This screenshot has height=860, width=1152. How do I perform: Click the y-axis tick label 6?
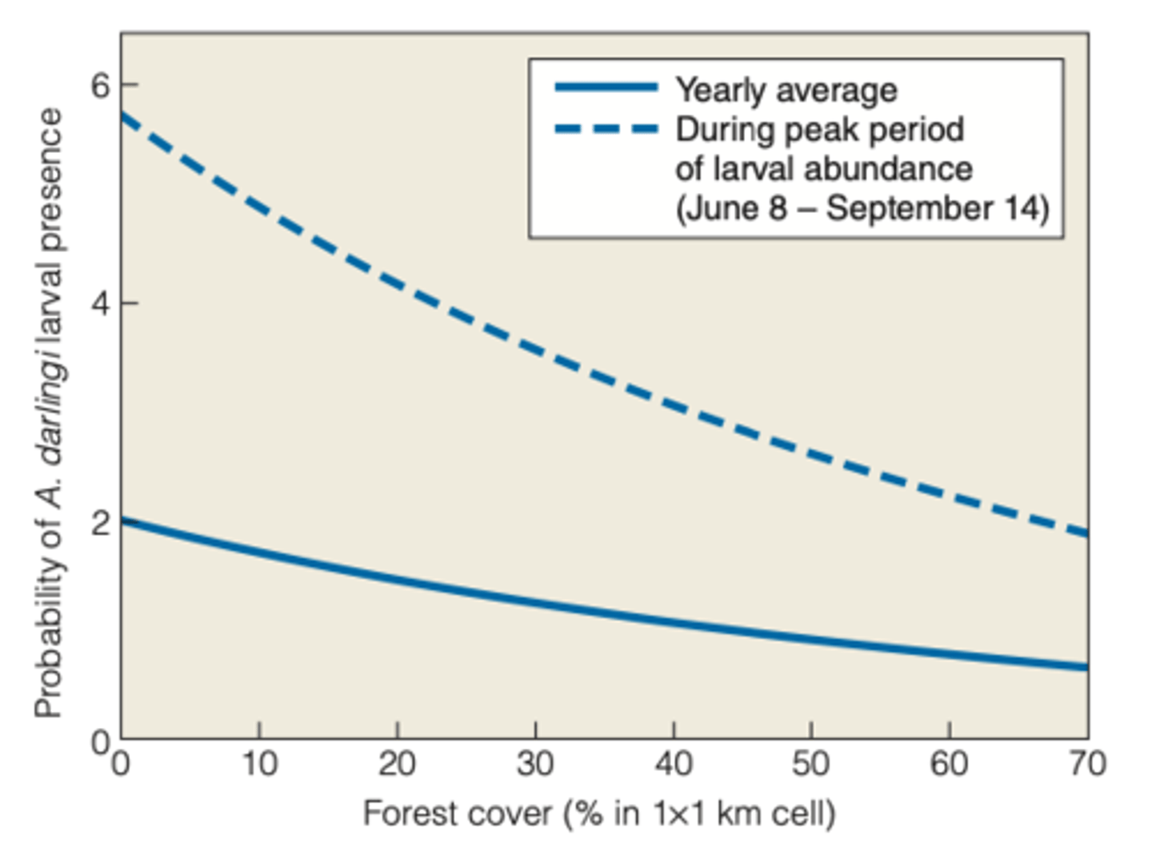click(x=100, y=85)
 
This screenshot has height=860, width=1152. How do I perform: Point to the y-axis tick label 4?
click(x=100, y=303)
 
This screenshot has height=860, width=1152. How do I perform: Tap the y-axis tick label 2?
click(x=100, y=523)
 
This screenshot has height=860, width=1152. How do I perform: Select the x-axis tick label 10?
click(x=259, y=763)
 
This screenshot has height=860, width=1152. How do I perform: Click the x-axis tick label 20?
click(x=397, y=763)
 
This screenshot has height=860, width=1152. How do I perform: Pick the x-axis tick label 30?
click(x=535, y=763)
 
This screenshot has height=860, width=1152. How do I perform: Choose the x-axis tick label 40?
click(x=674, y=763)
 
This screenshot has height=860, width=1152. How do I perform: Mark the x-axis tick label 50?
click(x=811, y=763)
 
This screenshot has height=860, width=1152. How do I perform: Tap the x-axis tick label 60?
click(x=950, y=763)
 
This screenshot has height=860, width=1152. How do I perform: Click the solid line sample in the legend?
click(x=606, y=87)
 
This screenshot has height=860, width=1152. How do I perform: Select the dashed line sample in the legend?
click(x=606, y=128)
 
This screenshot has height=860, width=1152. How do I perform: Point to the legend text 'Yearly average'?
click(x=786, y=90)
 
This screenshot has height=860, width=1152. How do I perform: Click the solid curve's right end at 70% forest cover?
click(x=1086, y=666)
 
